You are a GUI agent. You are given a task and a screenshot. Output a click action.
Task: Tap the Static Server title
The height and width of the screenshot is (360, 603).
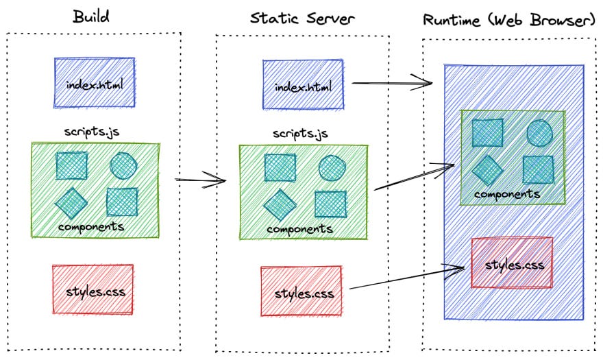(302, 18)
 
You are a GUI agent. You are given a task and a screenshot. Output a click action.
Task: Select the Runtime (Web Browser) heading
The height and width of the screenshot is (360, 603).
(509, 20)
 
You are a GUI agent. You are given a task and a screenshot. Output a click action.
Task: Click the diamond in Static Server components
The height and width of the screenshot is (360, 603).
(280, 204)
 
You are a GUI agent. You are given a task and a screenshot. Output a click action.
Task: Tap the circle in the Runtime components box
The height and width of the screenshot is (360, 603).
(540, 132)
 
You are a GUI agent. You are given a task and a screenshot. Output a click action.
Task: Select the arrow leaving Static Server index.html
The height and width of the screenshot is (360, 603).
(392, 84)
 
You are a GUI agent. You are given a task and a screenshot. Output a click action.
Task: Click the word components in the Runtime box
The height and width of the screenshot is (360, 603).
(507, 194)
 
